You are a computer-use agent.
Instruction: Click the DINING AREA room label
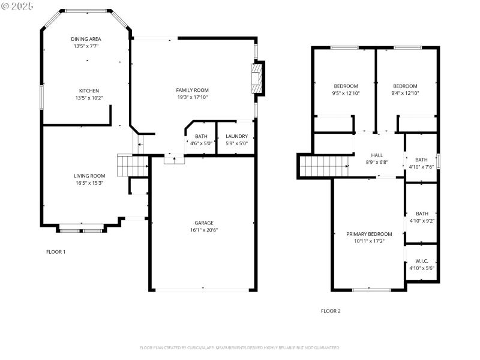click(x=86, y=38)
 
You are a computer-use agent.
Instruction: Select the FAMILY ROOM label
click(x=192, y=90)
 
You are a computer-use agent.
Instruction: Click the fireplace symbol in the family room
click(x=257, y=77)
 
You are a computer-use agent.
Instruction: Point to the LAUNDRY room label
click(x=236, y=136)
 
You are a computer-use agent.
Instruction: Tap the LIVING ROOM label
click(x=89, y=176)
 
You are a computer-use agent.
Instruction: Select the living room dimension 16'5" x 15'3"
click(x=89, y=183)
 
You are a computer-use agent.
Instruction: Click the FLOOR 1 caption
click(x=56, y=251)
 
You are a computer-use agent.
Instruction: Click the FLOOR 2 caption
click(x=331, y=311)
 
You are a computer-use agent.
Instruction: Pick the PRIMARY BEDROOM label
click(x=369, y=234)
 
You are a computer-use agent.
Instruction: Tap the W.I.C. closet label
click(x=422, y=261)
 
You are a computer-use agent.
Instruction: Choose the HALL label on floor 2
click(x=377, y=155)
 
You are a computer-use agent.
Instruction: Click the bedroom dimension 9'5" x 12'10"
click(x=346, y=93)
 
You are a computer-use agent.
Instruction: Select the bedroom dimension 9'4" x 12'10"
click(x=405, y=93)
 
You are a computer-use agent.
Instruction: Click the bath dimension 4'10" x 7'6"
click(x=422, y=167)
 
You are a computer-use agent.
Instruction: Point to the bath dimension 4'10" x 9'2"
click(x=422, y=220)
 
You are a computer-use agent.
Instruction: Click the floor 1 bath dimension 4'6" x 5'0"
click(x=201, y=143)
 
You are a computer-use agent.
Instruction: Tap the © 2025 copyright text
click(x=18, y=5)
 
